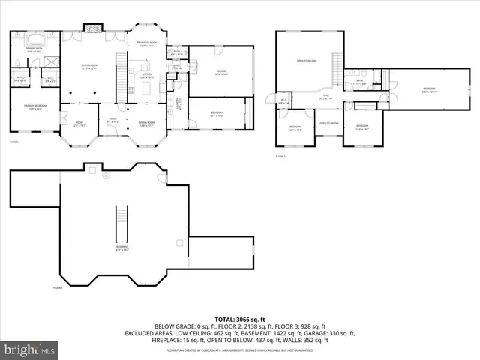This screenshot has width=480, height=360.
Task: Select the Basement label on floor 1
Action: pyautogui.click(x=121, y=247)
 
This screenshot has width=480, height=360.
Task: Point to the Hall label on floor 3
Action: pyautogui.click(x=326, y=95)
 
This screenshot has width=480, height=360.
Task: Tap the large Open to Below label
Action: pyautogui.click(x=306, y=61)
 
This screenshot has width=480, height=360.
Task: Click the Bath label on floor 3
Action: pyautogui.click(x=360, y=81)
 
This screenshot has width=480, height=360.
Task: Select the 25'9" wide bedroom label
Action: pyautogui.click(x=428, y=91)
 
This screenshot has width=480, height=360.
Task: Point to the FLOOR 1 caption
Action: pyautogui.click(x=58, y=288)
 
